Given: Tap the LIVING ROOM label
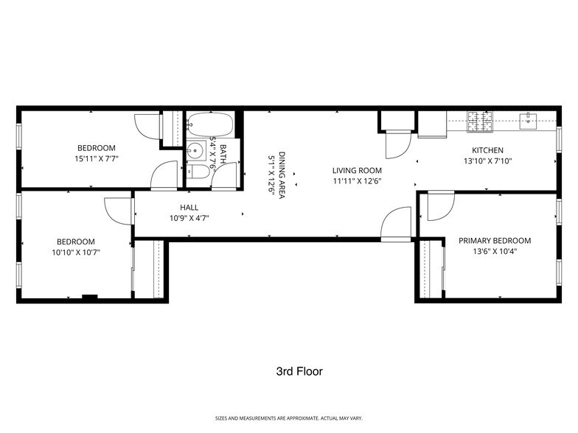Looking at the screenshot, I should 356,170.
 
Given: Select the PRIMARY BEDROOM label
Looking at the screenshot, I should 494,241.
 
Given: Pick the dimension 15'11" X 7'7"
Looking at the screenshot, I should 97,158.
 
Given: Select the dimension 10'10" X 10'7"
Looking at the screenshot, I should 76,252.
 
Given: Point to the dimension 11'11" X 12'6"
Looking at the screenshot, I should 356,180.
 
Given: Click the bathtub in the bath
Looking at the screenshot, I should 210,123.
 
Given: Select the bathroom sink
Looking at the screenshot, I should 195,152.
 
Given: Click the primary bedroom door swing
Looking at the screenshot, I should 439,206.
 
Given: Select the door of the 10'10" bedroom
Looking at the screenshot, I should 118,211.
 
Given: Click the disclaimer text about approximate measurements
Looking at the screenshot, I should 288,418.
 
